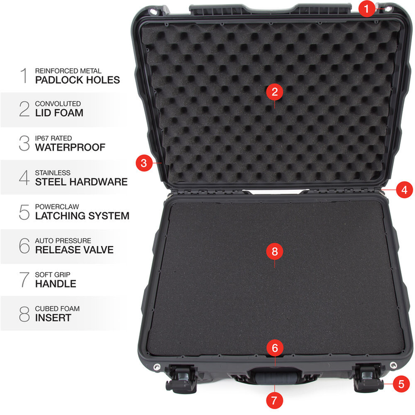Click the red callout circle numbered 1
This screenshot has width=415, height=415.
[x=368, y=8]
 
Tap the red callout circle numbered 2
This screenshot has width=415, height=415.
[x=274, y=91]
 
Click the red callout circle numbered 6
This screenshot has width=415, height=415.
[x=274, y=348]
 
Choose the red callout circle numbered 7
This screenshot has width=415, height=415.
[x=274, y=400]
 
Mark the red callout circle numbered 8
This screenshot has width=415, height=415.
[x=274, y=251]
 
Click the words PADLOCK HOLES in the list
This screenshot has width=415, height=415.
[x=78, y=79]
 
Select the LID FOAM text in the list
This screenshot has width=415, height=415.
[x=59, y=113]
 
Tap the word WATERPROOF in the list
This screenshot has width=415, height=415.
[x=70, y=147]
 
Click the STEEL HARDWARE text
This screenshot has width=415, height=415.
[x=81, y=181]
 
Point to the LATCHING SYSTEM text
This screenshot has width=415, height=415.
[x=82, y=216]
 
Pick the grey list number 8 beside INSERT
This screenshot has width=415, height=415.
[x=24, y=314]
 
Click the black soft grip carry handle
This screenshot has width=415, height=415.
[x=274, y=378]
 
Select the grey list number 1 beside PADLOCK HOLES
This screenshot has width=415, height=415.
[x=24, y=75]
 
